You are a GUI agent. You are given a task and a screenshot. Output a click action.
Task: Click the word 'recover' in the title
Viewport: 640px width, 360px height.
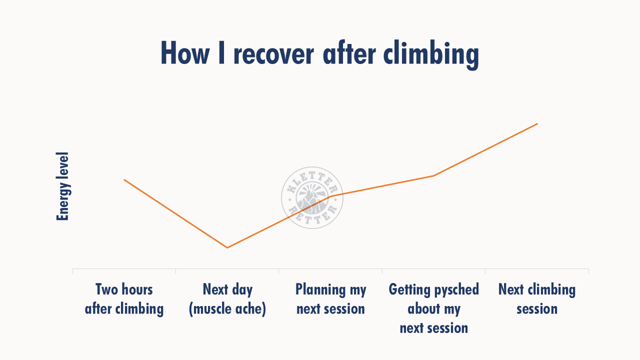click(273, 53)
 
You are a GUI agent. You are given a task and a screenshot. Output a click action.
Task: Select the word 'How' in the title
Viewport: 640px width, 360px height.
click(185, 52)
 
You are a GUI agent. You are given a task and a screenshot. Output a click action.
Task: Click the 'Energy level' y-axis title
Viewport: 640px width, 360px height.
click(62, 186)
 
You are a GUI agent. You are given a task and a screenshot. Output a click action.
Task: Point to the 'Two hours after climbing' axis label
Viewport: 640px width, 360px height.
click(124, 299)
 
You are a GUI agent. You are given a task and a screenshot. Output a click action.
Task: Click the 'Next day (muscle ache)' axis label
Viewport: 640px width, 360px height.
click(227, 299)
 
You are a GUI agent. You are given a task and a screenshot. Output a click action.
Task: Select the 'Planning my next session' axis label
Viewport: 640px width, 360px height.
click(330, 299)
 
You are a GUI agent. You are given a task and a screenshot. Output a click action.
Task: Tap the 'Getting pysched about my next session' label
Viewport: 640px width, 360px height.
click(433, 308)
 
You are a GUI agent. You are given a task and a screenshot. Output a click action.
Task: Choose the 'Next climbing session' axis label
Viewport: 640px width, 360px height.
click(537, 299)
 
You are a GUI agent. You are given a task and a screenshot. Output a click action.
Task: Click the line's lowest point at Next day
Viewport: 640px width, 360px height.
click(227, 247)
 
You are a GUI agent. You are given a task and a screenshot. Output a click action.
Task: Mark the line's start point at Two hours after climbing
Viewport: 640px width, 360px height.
click(124, 179)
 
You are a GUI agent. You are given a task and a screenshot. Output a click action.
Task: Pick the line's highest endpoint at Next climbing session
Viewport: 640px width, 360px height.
click(537, 123)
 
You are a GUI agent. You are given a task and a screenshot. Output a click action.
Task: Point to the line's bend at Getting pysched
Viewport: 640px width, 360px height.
click(433, 175)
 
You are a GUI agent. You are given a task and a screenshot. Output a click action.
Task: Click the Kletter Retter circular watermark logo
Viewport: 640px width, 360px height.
click(312, 197)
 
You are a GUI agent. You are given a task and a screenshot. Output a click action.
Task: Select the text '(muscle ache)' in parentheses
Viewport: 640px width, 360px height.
click(227, 309)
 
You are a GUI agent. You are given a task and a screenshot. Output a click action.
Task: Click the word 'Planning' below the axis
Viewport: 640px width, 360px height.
click(320, 290)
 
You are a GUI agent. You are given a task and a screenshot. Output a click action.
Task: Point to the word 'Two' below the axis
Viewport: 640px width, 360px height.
click(106, 289)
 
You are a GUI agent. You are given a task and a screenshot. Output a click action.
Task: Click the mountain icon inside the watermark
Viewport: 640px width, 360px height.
click(312, 200)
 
